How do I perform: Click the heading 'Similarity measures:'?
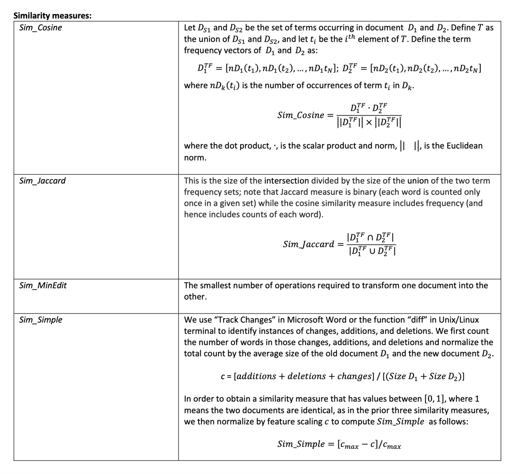pyautogui.click(x=52, y=16)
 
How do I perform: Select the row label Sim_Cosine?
pyautogui.click(x=40, y=28)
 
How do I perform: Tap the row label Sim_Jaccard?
pyautogui.click(x=42, y=181)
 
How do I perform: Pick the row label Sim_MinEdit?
pyautogui.click(x=43, y=285)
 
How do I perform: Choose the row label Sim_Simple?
pyautogui.click(x=41, y=320)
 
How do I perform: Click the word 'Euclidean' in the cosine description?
pyautogui.click(x=463, y=146)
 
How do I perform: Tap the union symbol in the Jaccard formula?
pyautogui.click(x=370, y=250)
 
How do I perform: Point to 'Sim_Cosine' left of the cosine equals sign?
pyautogui.click(x=301, y=115)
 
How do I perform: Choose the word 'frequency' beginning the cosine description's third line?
pyautogui.click(x=203, y=50)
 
